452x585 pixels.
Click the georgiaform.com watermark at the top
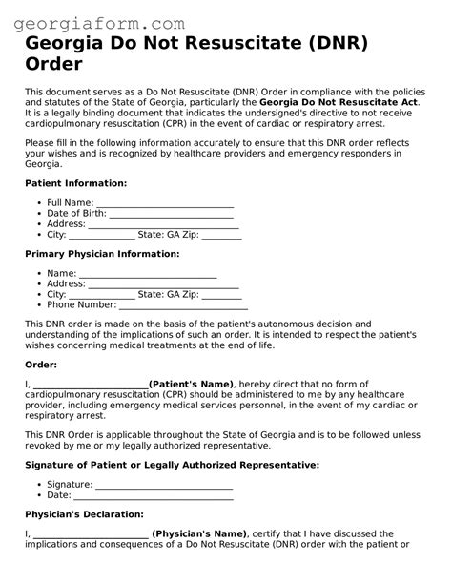92,20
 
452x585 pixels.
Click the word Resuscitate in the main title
251,44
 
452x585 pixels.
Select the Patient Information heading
75,182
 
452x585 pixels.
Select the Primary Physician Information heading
102,254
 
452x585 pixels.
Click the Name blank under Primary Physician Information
148,274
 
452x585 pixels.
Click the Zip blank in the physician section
221,295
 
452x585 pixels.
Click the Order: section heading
41,365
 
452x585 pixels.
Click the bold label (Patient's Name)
191,384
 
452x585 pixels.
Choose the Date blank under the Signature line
154,494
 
